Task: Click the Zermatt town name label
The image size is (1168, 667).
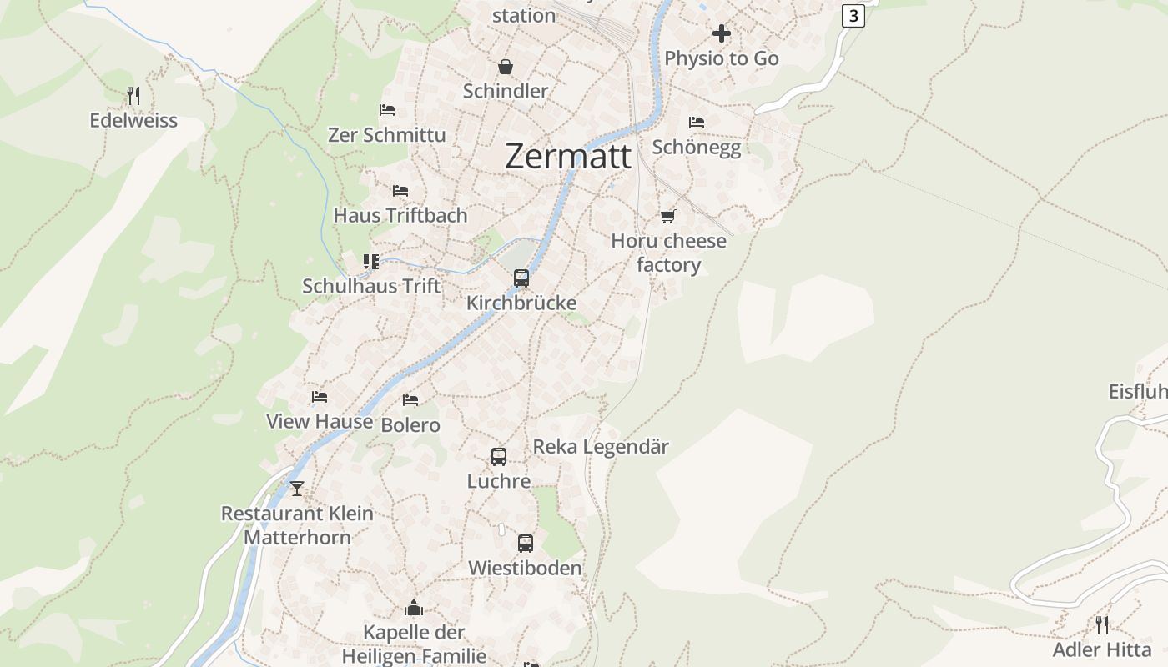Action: point(567,156)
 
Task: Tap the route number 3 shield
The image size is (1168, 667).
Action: point(853,15)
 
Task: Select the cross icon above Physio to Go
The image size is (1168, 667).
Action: point(722,33)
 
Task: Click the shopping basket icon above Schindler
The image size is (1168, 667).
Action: point(506,67)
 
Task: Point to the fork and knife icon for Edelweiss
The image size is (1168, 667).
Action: point(133,96)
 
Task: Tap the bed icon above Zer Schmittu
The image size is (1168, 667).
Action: point(386,110)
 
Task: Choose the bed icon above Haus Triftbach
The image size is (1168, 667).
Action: point(400,191)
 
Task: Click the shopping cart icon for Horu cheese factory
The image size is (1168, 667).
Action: point(667,217)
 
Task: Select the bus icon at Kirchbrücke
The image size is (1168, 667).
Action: point(521,278)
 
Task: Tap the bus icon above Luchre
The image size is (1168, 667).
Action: point(499,457)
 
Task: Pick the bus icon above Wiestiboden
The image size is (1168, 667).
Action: point(526,544)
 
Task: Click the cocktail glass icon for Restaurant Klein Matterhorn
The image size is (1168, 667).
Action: point(296,488)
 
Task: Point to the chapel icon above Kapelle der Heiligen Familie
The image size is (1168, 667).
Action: point(414,608)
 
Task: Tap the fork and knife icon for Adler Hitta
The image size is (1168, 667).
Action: point(1102,624)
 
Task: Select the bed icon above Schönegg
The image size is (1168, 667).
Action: point(697,123)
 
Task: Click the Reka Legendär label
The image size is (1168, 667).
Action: point(601,447)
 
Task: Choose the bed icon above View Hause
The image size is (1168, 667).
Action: point(320,397)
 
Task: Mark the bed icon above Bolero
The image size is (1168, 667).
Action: point(410,400)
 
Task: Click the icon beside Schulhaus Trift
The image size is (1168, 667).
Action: point(371,262)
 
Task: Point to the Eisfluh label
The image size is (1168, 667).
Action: point(1137,392)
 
